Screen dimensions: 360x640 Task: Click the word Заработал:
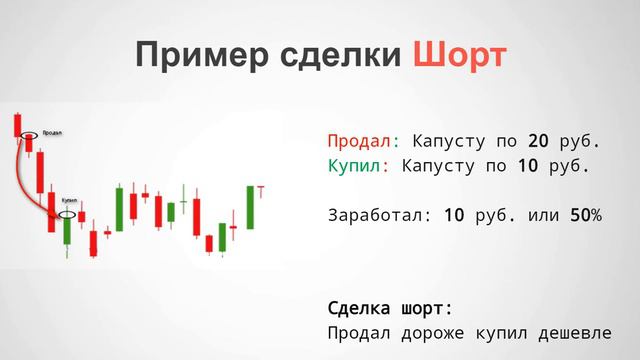[373, 214]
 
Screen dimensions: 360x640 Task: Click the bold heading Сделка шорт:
[390, 306]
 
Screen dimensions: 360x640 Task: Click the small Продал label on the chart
[53, 131]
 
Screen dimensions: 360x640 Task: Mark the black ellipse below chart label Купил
[67, 213]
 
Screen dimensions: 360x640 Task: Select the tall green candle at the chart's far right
[251, 207]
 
